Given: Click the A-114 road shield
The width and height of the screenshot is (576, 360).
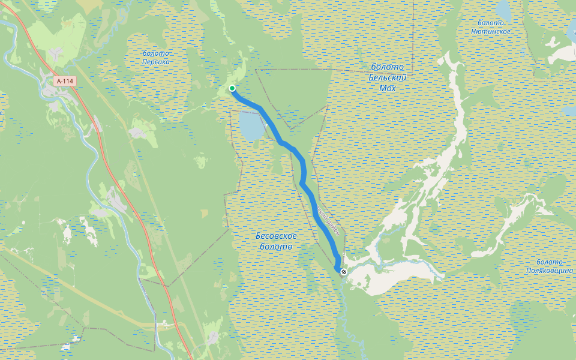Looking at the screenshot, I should [65, 80].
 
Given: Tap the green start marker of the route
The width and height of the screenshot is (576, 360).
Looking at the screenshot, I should [232, 89].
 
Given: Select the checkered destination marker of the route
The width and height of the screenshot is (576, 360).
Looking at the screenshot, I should [344, 272].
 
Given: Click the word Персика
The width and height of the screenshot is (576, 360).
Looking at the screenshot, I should [157, 62].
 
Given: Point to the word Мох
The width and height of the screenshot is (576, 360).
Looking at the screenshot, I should [388, 88].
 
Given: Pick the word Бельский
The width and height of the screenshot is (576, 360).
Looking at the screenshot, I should [388, 77].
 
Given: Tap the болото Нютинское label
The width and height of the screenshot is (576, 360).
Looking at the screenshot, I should [491, 27].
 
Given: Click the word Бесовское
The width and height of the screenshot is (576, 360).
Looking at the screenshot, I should [277, 236].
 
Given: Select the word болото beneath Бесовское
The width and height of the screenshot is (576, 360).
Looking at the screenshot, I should [277, 247].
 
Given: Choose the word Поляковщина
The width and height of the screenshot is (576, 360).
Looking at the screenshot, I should [550, 271].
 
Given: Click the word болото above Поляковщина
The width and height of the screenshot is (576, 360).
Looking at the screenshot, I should [550, 262].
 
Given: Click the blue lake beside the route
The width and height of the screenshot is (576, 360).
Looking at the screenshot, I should [250, 124].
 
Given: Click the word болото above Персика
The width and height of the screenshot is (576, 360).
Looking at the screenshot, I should [156, 53].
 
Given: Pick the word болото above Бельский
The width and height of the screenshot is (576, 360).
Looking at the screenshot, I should [388, 67].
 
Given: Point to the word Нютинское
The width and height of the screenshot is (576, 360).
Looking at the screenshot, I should [491, 31].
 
